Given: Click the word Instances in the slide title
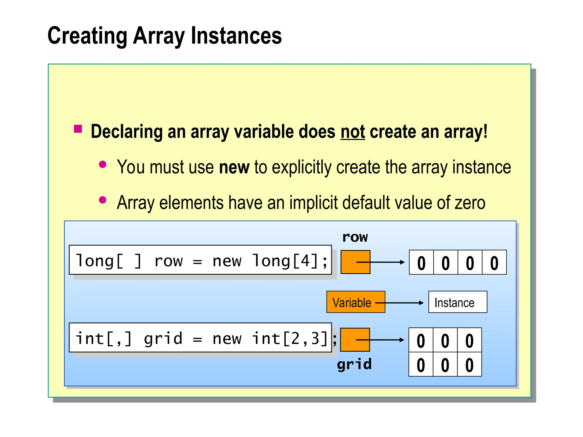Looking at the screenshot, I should pyautogui.click(x=236, y=36).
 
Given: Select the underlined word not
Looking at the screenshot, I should pyautogui.click(x=353, y=132).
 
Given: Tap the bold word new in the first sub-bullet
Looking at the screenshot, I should pyautogui.click(x=234, y=167).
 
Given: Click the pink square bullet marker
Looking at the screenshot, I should pyautogui.click(x=78, y=129).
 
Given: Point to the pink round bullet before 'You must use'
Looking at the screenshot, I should pyautogui.click(x=102, y=164).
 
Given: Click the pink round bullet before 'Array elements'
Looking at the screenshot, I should pyautogui.click(x=102, y=200).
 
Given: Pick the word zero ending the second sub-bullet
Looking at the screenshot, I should pyautogui.click(x=470, y=203).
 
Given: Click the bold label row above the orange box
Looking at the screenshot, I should pyautogui.click(x=355, y=237).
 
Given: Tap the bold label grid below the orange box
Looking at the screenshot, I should pyautogui.click(x=354, y=364).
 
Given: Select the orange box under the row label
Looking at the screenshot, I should pyautogui.click(x=355, y=262).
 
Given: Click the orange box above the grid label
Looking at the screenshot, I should pyautogui.click(x=355, y=340).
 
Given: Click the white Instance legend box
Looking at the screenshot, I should pyautogui.click(x=457, y=302).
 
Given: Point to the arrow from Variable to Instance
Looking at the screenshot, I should pyautogui.click(x=404, y=303).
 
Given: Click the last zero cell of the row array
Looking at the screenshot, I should pyautogui.click(x=494, y=263).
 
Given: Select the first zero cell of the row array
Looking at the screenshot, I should pyautogui.click(x=421, y=263).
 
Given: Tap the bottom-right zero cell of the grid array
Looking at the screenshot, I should pyautogui.click(x=469, y=365).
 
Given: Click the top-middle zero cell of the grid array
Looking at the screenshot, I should pyautogui.click(x=445, y=340).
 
